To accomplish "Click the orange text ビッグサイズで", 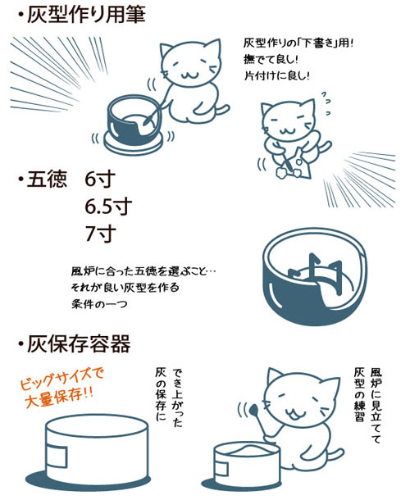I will tap(65, 377).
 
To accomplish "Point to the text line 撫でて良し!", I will tap(274, 59).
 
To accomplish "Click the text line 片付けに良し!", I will tap(279, 75).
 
